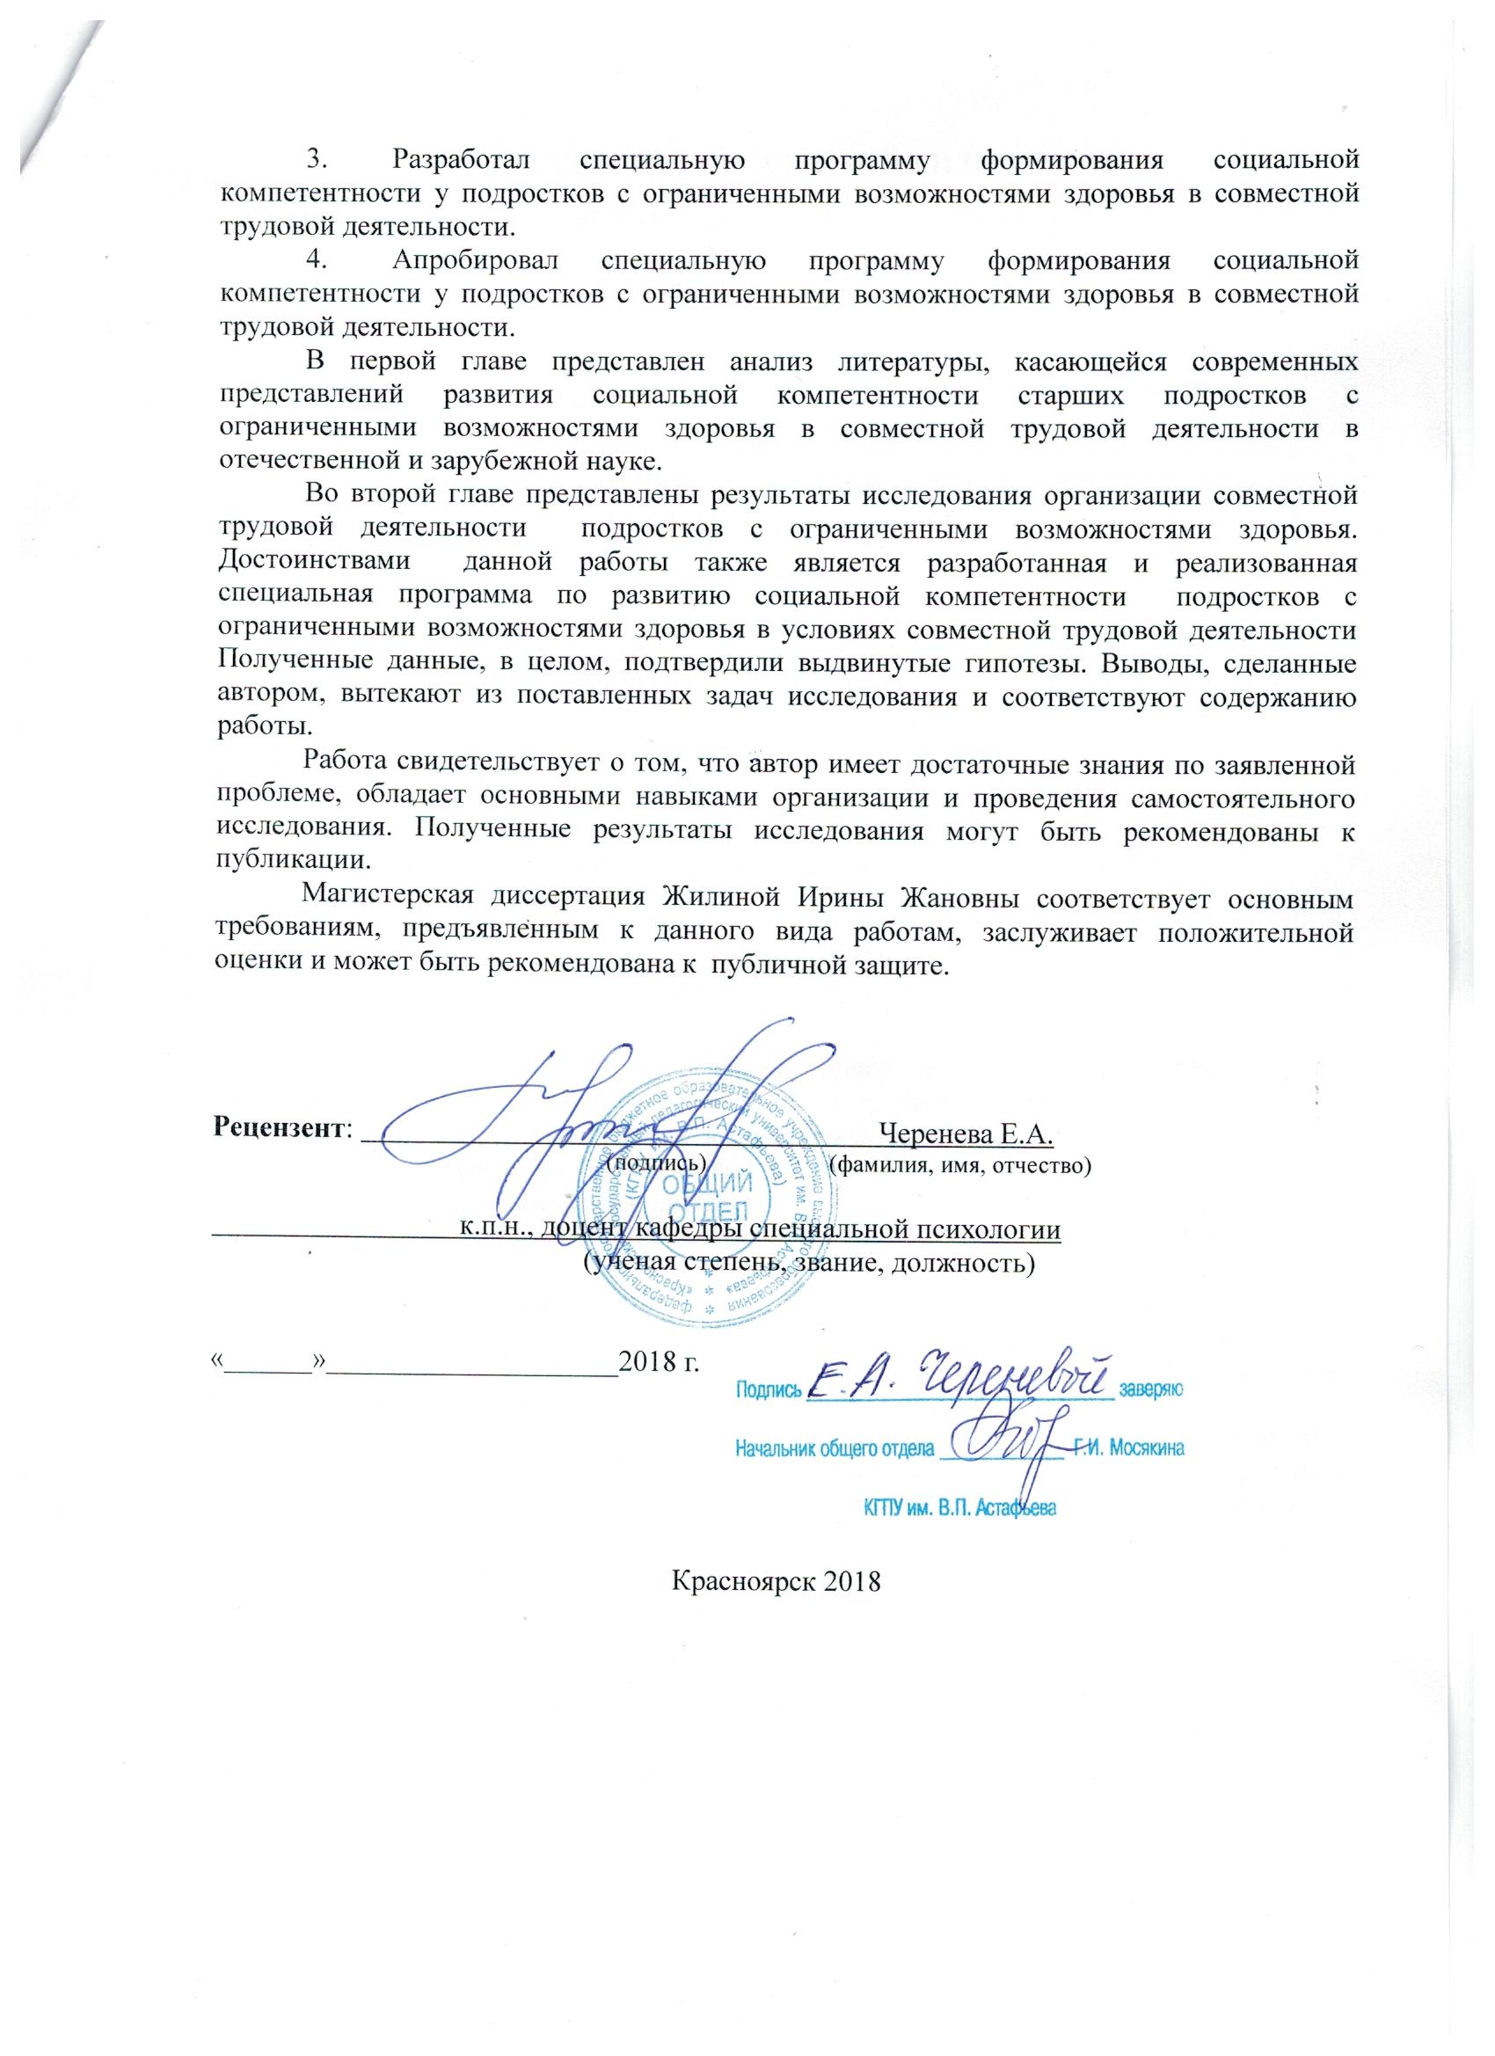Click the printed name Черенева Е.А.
(965, 1134)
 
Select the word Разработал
(463, 160)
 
